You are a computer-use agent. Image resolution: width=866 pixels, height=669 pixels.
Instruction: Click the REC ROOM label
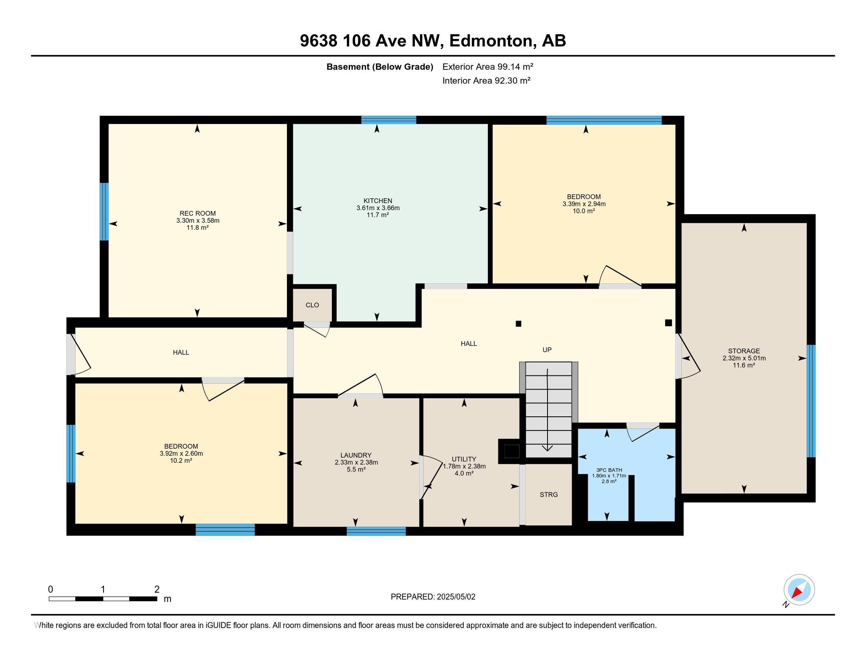(198, 213)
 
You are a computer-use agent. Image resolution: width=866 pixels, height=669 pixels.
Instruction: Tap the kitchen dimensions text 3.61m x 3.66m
(377, 208)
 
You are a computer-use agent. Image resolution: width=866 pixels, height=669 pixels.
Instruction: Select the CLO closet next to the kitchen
(312, 305)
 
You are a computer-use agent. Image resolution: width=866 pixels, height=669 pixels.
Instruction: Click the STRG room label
(548, 495)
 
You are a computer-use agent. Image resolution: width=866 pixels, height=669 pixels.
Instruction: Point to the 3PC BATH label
(609, 470)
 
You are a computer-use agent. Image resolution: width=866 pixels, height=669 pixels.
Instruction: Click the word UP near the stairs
(547, 349)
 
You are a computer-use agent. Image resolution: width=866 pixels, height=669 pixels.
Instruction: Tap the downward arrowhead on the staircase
(547, 448)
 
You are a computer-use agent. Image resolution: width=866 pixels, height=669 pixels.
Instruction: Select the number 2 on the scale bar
(157, 589)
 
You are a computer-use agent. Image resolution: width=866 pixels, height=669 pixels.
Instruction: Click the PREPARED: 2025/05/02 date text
(433, 597)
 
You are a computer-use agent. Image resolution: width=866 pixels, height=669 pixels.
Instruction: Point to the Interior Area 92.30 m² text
(486, 80)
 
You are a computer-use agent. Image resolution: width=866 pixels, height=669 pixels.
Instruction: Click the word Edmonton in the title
(491, 41)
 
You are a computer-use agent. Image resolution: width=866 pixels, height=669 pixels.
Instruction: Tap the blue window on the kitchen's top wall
(389, 120)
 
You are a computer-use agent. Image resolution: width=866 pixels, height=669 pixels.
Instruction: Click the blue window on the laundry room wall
(376, 531)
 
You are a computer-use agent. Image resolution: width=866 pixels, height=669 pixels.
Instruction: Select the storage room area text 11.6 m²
(744, 365)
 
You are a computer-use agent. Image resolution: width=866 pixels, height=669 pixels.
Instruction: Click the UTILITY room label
(464, 459)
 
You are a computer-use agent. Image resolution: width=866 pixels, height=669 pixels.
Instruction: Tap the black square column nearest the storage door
(668, 323)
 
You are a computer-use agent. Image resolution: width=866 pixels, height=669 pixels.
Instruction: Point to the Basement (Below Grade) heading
(379, 67)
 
